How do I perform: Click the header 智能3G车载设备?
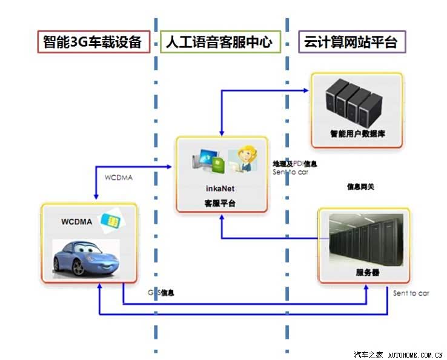(93, 42)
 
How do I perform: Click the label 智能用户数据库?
(357, 133)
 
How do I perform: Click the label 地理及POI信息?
(294, 164)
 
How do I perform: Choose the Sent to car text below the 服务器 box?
(411, 293)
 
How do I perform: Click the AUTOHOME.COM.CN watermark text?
(415, 355)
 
